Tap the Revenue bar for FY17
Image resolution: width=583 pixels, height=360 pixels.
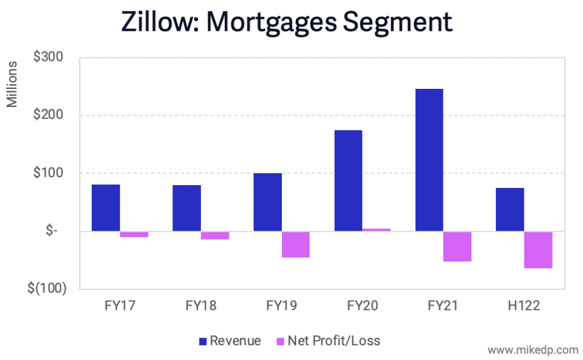tap(106, 208)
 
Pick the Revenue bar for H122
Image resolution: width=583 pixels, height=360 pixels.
tap(510, 210)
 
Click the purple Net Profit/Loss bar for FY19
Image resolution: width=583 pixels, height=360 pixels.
tap(296, 244)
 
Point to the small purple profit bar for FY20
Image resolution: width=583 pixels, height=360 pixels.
tap(377, 230)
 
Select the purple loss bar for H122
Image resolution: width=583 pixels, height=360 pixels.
tap(539, 249)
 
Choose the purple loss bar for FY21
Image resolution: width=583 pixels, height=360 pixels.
tap(458, 246)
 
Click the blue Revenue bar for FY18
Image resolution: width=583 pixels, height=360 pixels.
tap(187, 208)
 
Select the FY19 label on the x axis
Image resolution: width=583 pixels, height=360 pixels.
tap(282, 306)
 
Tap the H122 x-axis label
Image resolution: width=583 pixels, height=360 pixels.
tap(524, 306)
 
